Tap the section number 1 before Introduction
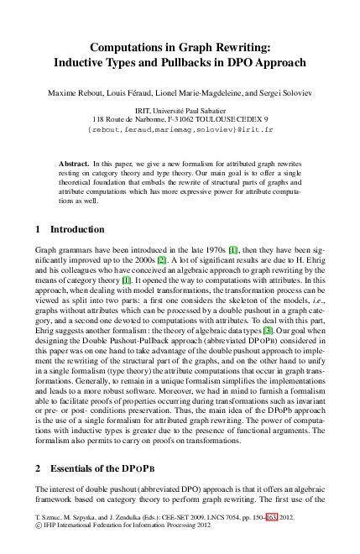pos(38,229)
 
